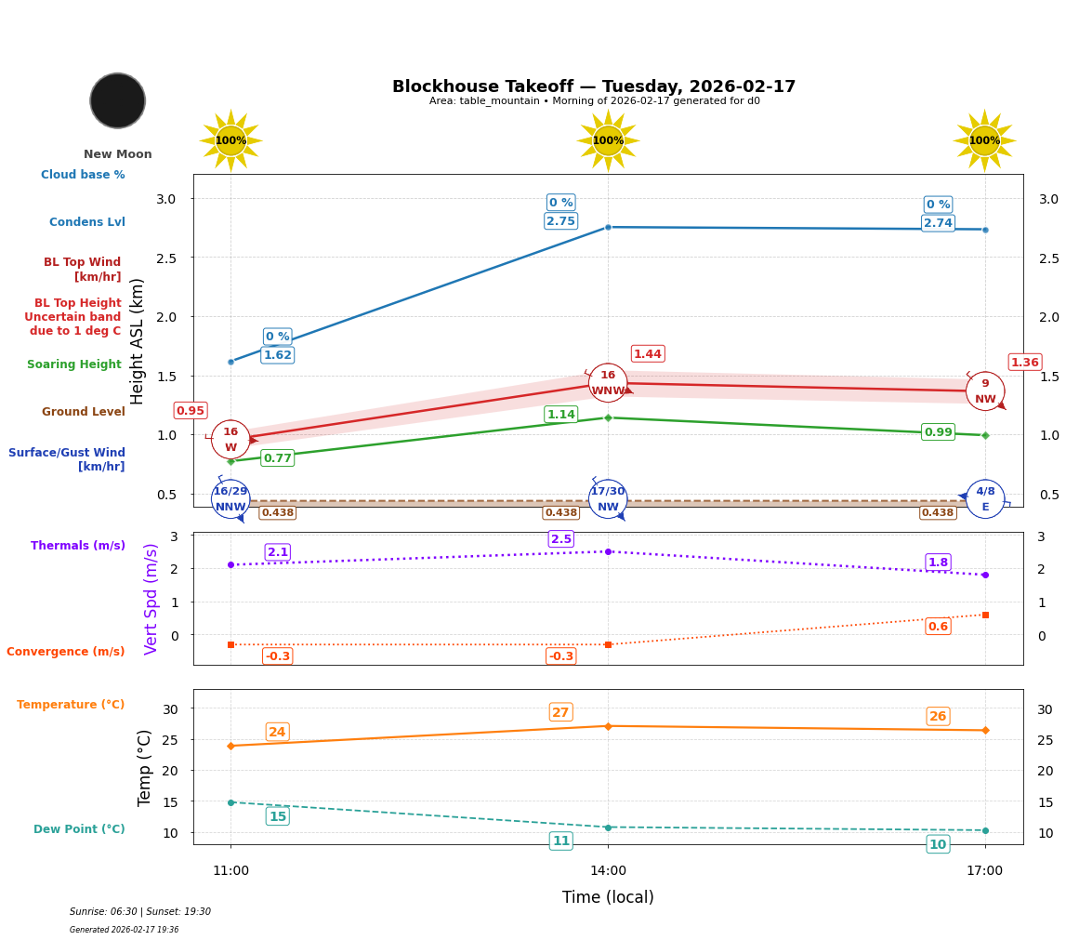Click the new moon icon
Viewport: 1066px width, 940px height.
118,100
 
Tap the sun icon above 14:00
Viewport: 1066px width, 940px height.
608,140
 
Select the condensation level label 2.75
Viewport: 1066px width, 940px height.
560,221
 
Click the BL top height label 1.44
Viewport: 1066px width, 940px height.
648,353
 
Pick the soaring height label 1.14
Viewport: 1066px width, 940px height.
560,415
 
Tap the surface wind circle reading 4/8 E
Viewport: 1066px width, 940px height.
985,498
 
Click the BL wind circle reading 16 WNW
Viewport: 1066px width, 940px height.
608,382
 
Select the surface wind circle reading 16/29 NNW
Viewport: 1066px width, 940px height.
230,499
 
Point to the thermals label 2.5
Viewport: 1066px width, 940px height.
561,539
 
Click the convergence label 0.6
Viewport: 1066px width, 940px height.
938,627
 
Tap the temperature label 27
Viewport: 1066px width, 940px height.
560,712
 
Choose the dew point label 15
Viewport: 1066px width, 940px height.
278,816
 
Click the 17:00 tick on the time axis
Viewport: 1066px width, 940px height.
984,871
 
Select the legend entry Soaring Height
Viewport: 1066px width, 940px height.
74,364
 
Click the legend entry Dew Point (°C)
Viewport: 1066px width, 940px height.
79,829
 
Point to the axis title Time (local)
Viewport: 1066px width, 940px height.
608,897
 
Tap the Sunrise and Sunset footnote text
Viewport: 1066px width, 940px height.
140,912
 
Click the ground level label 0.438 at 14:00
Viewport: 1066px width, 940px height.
560,512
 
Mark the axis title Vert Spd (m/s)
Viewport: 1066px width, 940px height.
151,599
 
